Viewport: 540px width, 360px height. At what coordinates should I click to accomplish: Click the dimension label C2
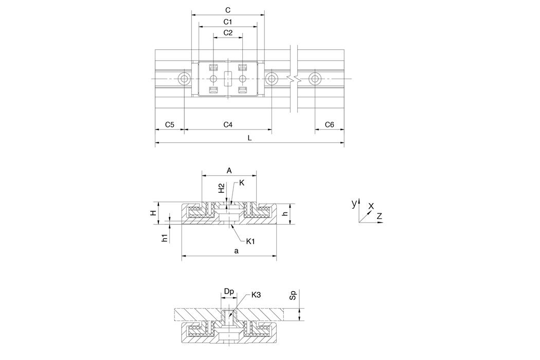point(228,33)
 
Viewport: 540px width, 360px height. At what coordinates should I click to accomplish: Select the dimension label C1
point(228,22)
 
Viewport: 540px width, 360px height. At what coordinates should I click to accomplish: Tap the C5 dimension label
point(169,124)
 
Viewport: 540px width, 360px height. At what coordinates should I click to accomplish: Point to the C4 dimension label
point(228,124)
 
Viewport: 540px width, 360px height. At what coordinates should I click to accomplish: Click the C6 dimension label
point(330,124)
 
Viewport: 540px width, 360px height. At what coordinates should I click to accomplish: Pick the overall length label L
point(250,138)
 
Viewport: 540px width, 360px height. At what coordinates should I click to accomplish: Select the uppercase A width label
point(229,171)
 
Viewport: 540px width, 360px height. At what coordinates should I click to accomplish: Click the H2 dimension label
point(222,188)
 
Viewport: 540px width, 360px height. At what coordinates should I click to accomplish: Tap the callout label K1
point(250,241)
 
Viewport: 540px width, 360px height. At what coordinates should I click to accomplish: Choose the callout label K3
point(256,295)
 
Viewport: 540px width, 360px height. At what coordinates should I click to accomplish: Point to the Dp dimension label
point(229,292)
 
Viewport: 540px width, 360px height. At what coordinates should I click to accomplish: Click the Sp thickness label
point(293,295)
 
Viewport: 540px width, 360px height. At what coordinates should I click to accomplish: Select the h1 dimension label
point(165,238)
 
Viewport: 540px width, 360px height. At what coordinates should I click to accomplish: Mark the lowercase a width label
point(236,251)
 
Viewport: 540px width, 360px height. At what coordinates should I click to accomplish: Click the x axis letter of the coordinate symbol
point(371,206)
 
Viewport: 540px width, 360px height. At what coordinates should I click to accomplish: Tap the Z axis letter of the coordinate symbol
point(379,217)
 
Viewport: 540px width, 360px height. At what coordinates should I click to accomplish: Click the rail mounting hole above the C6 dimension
point(315,79)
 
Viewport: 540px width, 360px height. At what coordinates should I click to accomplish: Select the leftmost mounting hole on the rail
point(184,79)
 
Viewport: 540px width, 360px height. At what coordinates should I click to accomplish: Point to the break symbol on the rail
point(294,79)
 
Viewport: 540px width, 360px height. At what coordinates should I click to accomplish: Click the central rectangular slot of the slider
point(228,79)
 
